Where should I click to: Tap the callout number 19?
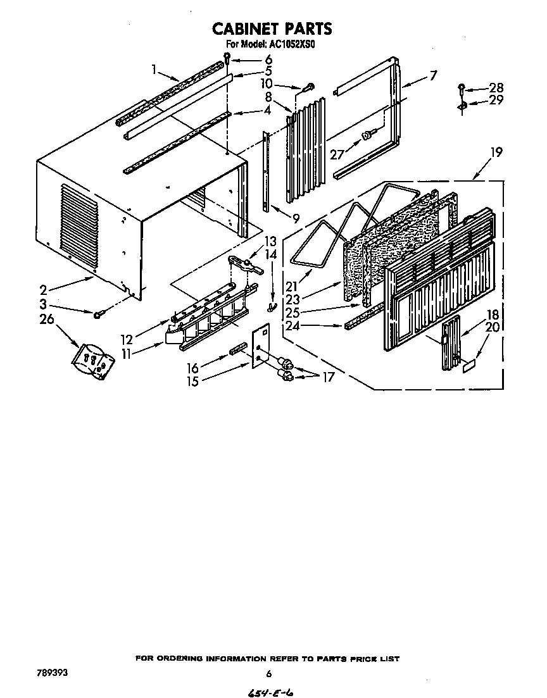pyautogui.click(x=496, y=152)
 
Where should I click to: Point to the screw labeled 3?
pyautogui.click(x=99, y=314)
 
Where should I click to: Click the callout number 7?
pyautogui.click(x=432, y=76)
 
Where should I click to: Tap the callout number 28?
pyautogui.click(x=496, y=88)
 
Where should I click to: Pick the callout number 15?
pyautogui.click(x=192, y=381)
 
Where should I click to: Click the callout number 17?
pyautogui.click(x=328, y=377)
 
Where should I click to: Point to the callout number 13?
pyautogui.click(x=270, y=241)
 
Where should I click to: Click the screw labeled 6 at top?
pyautogui.click(x=227, y=61)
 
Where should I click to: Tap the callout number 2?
pyautogui.click(x=43, y=290)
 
